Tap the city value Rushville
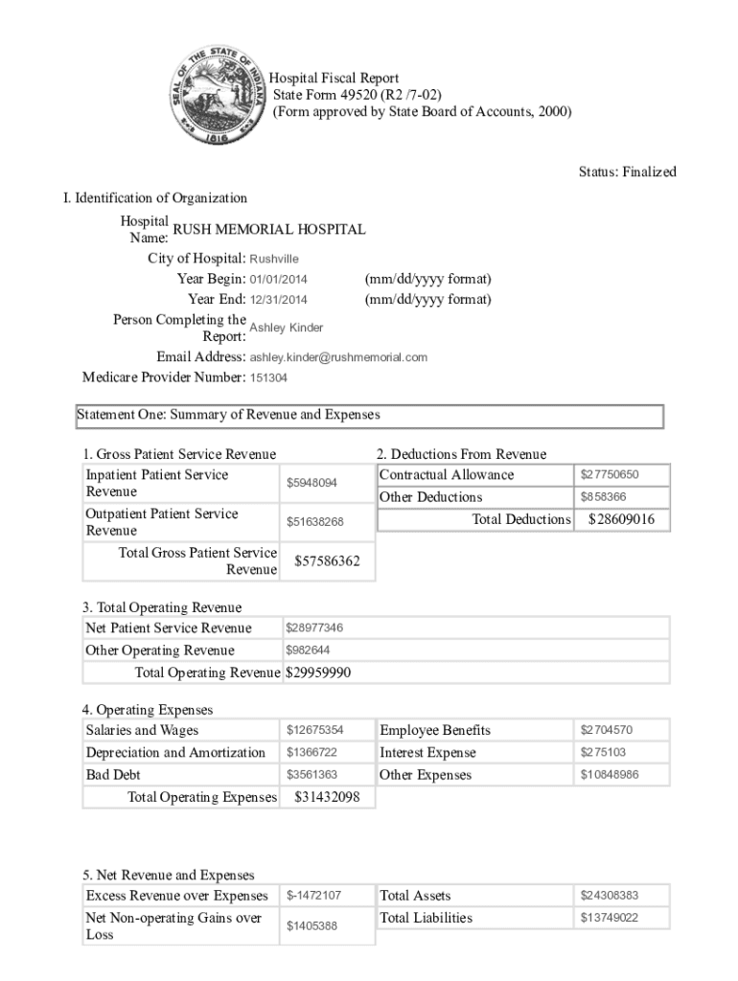274,259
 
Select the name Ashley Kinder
286,328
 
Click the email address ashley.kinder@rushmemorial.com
338,357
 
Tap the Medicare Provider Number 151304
268,377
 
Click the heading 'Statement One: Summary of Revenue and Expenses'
228,416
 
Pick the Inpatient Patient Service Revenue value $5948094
312,483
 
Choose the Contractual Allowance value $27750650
610,475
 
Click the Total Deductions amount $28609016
621,519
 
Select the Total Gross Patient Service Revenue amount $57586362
327,561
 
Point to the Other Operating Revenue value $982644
309,650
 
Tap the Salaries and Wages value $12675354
314,730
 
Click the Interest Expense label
427,753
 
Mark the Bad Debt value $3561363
311,774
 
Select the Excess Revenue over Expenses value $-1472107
314,896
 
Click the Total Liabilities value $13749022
610,918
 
